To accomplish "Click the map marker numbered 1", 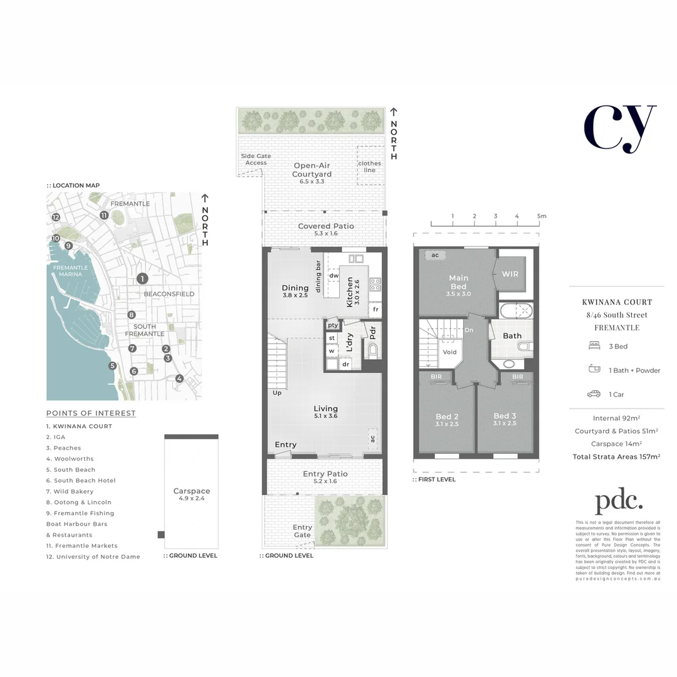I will [x=143, y=279].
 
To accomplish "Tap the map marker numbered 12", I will [x=56, y=217].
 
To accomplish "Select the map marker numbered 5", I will [x=113, y=366].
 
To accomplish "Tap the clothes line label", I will [x=369, y=167].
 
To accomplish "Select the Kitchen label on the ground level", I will [x=350, y=292].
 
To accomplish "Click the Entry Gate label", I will [x=302, y=531].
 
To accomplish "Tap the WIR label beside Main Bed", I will [x=510, y=274].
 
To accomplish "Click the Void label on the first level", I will [x=449, y=352].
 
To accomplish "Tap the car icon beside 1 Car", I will [x=593, y=394].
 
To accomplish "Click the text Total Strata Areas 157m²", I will [x=616, y=457].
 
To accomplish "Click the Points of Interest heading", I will [x=91, y=413].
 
